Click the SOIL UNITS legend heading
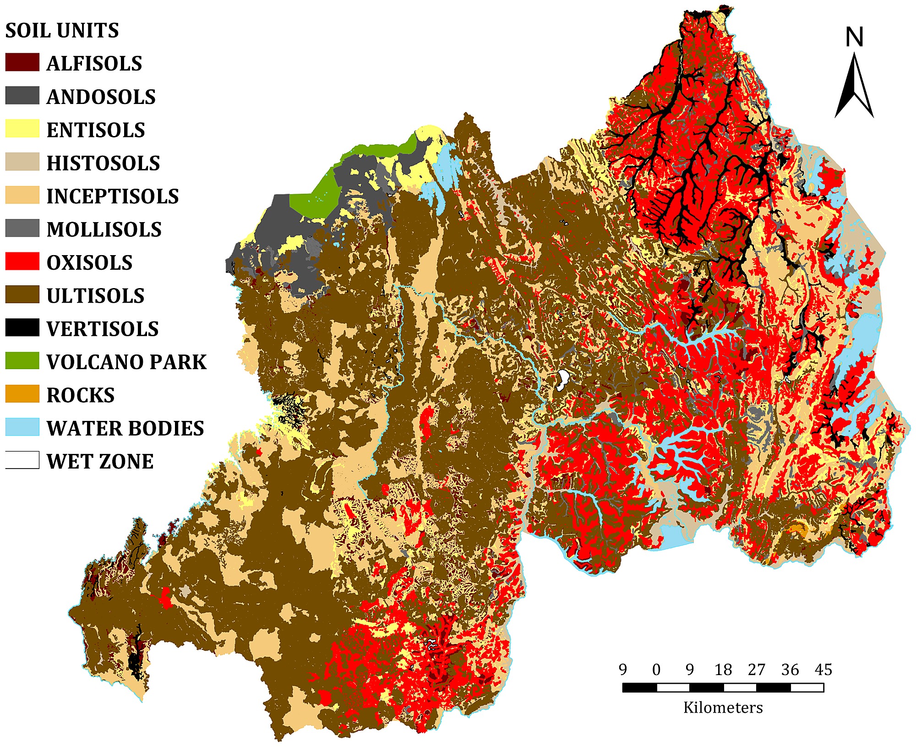(x=62, y=31)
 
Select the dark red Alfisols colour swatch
(x=22, y=63)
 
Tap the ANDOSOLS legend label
(x=101, y=97)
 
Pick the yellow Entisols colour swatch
(x=22, y=129)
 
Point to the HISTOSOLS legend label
(x=103, y=163)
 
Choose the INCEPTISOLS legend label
(x=112, y=196)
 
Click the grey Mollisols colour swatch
(x=22, y=229)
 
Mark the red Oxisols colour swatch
(x=22, y=262)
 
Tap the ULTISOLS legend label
(x=95, y=295)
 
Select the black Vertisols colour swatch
(x=22, y=328)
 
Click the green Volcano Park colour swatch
(x=22, y=361)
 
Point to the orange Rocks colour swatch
(x=22, y=394)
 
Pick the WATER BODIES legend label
(x=125, y=428)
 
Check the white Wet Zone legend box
(x=22, y=460)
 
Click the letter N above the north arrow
(x=854, y=38)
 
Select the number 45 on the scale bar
(x=823, y=670)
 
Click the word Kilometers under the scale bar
(x=723, y=708)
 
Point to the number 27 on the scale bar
(x=756, y=670)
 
